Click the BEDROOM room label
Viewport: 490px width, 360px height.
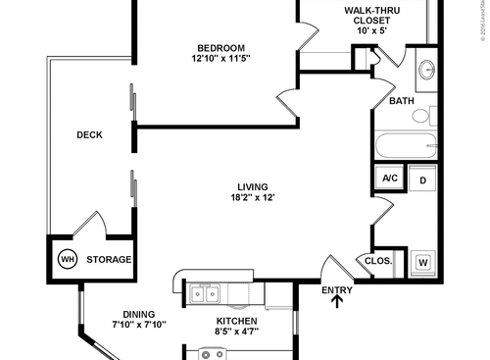point(220,48)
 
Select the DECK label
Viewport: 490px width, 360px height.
point(90,136)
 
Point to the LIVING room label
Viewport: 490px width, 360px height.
point(252,187)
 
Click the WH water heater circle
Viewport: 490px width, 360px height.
point(68,260)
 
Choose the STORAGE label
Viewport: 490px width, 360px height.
point(109,260)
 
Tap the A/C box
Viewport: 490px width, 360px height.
point(389,179)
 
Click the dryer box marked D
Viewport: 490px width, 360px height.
point(422,180)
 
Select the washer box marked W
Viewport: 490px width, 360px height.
point(423,262)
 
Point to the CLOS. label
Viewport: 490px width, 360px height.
point(378,261)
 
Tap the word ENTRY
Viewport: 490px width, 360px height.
point(338,288)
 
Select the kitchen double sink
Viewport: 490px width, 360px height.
point(205,292)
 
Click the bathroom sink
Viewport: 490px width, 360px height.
point(427,71)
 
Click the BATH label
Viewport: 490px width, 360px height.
point(402,101)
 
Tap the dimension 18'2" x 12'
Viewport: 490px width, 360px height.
point(253,198)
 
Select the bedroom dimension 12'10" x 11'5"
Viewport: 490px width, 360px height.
point(220,59)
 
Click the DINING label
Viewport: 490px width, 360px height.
point(139,314)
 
